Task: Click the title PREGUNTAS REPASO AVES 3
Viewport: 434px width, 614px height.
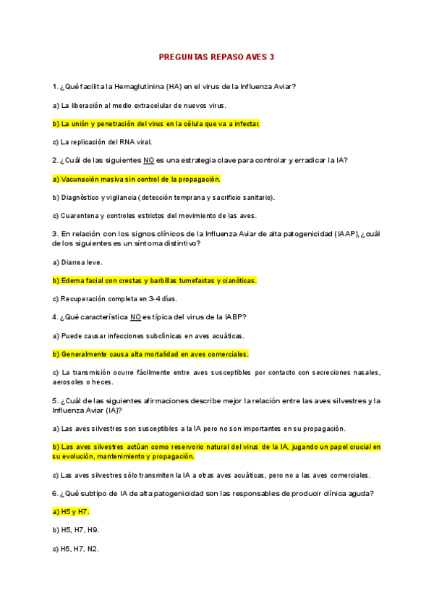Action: click(216, 56)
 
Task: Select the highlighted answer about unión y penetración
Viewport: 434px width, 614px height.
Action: click(156, 124)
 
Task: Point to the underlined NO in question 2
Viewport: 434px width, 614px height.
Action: click(149, 160)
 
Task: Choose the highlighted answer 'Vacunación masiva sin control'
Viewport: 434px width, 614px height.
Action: click(136, 179)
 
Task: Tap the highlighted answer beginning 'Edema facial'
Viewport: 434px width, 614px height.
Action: click(154, 280)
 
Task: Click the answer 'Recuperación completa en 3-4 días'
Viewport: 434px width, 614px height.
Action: click(110, 298)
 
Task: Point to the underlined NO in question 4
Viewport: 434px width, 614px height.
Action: click(135, 316)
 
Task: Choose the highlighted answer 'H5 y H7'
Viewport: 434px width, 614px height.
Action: click(70, 512)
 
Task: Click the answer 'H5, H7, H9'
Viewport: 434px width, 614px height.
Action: click(75, 530)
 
